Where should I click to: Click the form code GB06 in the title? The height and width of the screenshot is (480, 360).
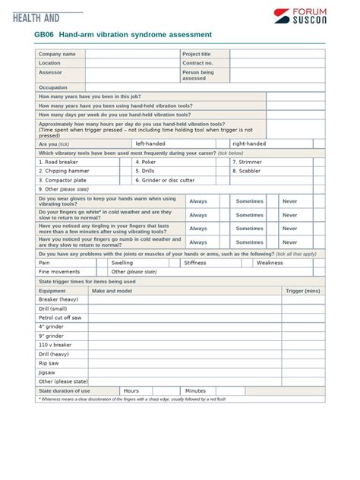(44, 35)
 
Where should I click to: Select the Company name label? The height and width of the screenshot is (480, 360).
(57, 54)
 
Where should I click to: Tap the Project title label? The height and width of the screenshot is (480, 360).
(196, 54)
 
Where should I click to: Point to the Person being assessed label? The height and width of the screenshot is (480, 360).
(198, 75)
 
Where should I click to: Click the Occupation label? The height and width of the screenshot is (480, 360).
(53, 87)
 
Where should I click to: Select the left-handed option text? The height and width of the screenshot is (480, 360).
(150, 144)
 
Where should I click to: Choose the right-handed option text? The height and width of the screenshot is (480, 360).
(249, 144)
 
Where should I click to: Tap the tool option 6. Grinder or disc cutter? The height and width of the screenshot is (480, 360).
(165, 180)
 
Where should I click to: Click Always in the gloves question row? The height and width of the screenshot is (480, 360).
(198, 201)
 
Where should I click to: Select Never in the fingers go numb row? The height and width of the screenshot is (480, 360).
(290, 242)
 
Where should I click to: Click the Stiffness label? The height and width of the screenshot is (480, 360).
(194, 263)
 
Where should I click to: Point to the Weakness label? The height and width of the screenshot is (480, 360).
(270, 263)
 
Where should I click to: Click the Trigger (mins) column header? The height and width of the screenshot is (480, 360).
(302, 291)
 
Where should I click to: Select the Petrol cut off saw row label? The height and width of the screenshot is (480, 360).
(60, 317)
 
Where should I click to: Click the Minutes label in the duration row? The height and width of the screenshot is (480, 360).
(195, 390)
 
